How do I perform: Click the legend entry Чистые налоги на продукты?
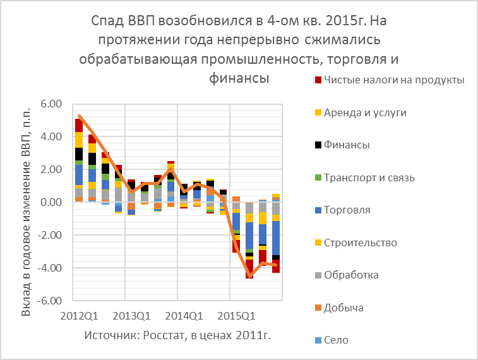(x=394, y=80)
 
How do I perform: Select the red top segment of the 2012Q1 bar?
(x=79, y=125)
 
